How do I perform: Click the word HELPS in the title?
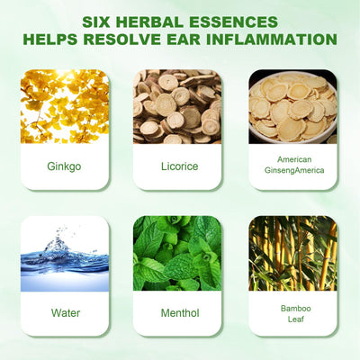[x=50, y=40]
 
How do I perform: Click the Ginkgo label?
[x=64, y=166]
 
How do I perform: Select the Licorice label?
[x=180, y=166]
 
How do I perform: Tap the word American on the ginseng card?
[x=294, y=159]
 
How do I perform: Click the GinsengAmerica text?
[x=294, y=170]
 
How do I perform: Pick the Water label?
[x=66, y=313]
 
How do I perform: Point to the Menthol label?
[x=180, y=313]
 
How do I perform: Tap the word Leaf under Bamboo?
[x=296, y=319]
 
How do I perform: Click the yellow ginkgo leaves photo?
[x=65, y=106]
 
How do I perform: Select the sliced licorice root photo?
[x=177, y=106]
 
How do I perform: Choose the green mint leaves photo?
[x=177, y=253]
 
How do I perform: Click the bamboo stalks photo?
[x=293, y=253]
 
